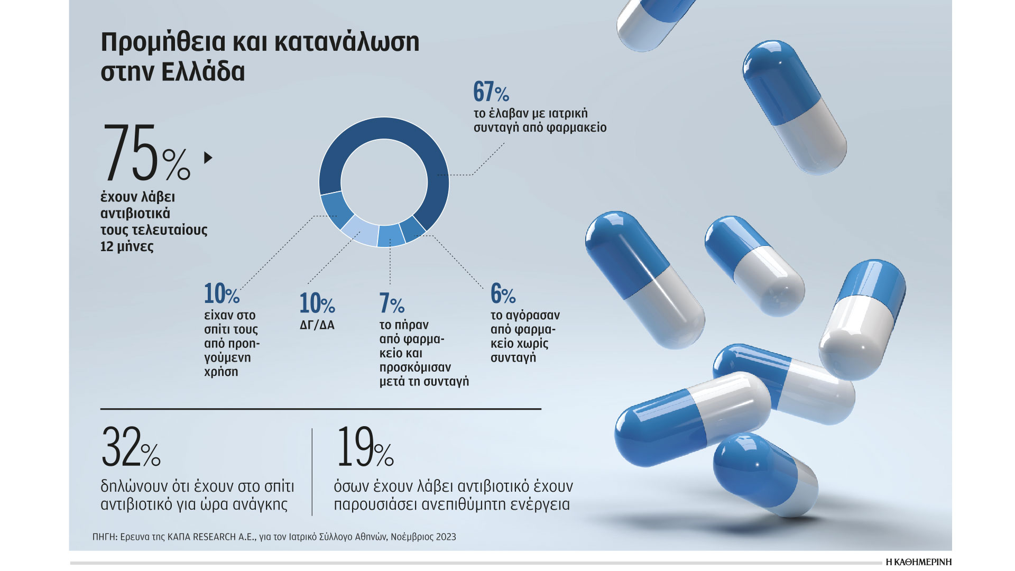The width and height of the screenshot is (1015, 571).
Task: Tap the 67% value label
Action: coord(491,91)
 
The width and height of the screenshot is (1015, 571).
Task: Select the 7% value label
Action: coord(392,303)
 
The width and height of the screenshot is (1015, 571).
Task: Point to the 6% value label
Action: coord(503,293)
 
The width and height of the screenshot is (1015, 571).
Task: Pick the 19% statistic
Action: coord(365,448)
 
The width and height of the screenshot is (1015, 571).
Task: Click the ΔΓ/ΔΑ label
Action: coord(317,325)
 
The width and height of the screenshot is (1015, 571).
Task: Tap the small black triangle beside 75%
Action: coord(208,158)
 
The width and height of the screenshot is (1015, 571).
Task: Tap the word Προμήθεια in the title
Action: coord(162,42)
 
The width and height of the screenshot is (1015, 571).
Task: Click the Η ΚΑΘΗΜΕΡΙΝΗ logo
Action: coord(918,561)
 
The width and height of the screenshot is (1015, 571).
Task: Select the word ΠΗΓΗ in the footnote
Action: coord(104,537)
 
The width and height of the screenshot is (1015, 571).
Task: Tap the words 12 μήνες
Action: coord(127,247)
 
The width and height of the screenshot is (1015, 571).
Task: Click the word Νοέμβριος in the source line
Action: coord(412,537)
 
